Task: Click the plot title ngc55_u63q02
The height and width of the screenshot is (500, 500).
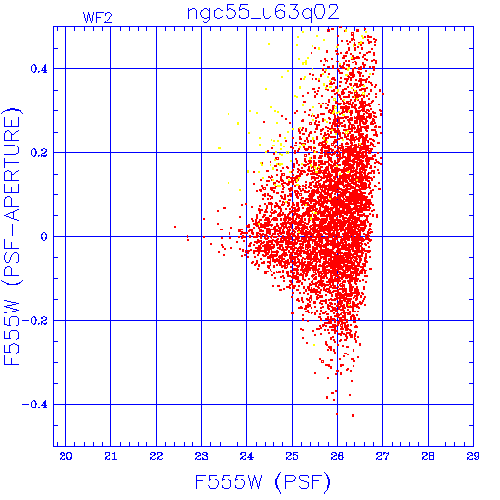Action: point(264,13)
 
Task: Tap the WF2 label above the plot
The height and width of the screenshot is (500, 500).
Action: point(98,18)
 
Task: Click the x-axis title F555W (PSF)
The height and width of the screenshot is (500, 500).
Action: point(263,482)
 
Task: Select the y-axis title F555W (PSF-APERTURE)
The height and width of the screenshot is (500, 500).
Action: point(12,237)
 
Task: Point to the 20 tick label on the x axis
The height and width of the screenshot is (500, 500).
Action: point(65,456)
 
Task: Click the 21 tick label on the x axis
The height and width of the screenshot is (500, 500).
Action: point(111,456)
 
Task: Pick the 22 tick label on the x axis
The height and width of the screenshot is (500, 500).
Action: point(156,456)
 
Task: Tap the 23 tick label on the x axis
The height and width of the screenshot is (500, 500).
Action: point(201,456)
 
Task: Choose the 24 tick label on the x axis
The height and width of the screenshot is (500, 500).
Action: point(247,456)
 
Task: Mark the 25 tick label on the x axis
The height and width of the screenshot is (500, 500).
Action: point(292,456)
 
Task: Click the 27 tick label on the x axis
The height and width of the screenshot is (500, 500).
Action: point(382,456)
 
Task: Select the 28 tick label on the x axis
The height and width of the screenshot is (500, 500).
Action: point(428,456)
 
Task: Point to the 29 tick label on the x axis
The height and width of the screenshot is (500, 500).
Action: point(473,456)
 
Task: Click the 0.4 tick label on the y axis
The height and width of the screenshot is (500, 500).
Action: point(39,69)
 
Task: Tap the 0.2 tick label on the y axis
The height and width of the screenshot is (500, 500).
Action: point(39,153)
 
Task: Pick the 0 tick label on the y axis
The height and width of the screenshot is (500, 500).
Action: point(44,237)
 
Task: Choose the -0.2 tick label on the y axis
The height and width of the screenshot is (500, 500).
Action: point(35,321)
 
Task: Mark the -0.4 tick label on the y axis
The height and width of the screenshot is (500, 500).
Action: point(35,405)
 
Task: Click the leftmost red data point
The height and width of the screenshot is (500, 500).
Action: point(175,227)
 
